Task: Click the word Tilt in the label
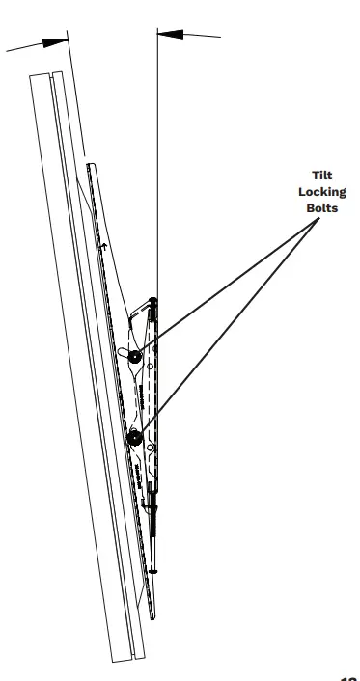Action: tap(320, 176)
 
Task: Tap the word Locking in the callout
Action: tap(320, 192)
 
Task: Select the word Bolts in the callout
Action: tap(320, 208)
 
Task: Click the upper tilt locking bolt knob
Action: tap(134, 356)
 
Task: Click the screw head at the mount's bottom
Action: tap(152, 570)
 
